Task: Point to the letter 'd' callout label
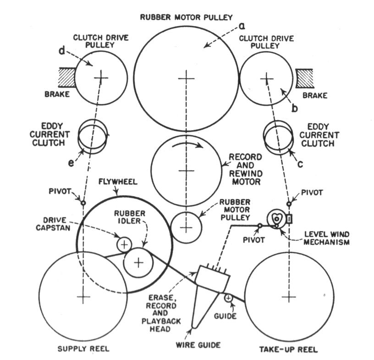[x=62, y=50]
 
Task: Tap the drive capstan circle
[x=124, y=244]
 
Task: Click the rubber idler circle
[x=138, y=262]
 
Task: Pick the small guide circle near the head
[x=228, y=299]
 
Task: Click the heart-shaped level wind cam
[x=277, y=220]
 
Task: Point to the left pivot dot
[x=83, y=203]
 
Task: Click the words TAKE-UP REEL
[x=289, y=349]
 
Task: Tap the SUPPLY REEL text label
[x=83, y=349]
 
